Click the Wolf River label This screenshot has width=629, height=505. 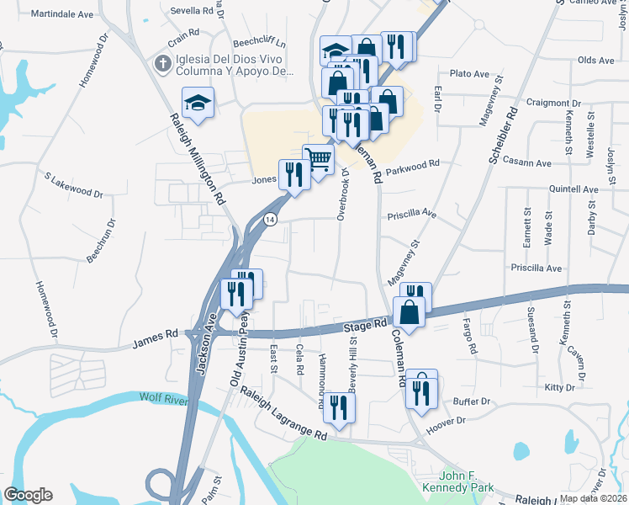tap(162, 398)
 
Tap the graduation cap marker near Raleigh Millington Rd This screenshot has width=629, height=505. tap(198, 103)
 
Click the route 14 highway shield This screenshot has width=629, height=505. tap(269, 219)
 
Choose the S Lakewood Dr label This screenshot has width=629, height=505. tap(74, 185)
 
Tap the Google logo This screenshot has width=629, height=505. tap(28, 495)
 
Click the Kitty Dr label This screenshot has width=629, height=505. tap(559, 387)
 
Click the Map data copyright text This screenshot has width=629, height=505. tap(592, 498)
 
